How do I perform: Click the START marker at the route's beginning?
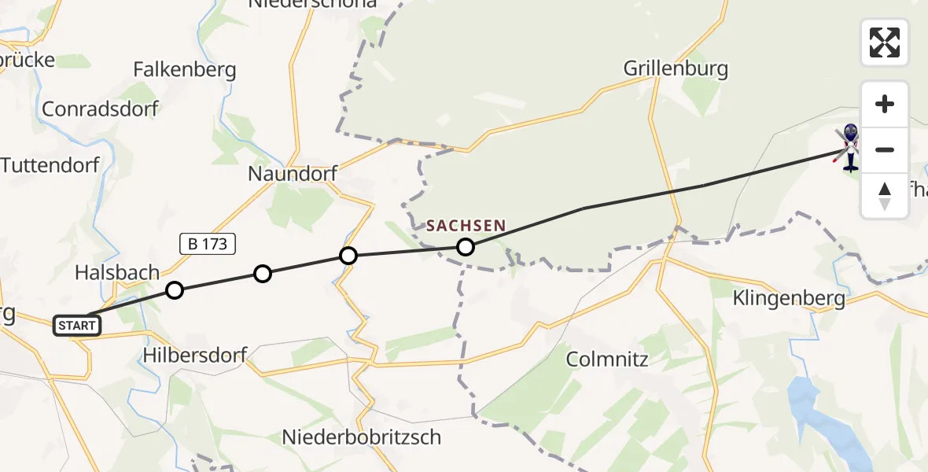pos(77,325)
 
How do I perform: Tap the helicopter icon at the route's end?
pos(849,148)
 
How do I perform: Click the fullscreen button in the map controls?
pos(885,42)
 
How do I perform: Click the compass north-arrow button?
pos(885,196)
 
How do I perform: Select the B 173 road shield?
pos(208,244)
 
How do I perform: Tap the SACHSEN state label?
pos(466,227)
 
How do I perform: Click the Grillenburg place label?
pos(676,68)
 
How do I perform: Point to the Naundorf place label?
pos(293,173)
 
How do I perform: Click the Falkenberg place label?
pos(185,70)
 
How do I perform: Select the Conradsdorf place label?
pos(100,109)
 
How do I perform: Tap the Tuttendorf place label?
pos(50,165)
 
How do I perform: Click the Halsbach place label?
pos(117,272)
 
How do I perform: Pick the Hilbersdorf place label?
pos(195,356)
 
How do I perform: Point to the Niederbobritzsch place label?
pos(362,437)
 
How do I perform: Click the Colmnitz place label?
pos(607,360)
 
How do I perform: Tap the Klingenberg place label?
pos(789,299)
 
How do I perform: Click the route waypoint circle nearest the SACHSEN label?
pos(466,247)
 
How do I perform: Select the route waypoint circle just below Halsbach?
pos(175,290)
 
